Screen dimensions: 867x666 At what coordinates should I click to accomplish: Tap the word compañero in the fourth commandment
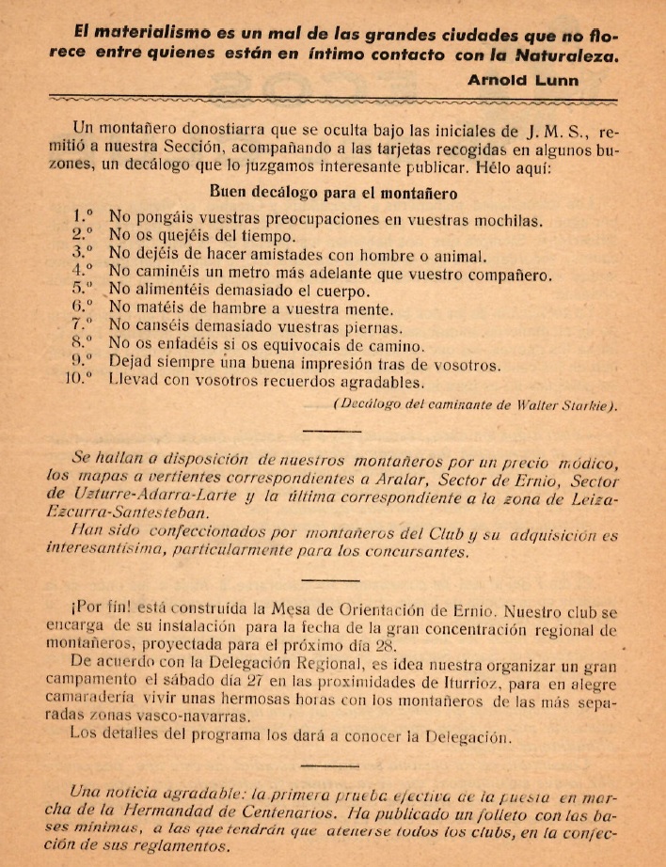(506, 275)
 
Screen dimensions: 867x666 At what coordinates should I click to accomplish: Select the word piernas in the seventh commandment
(371, 328)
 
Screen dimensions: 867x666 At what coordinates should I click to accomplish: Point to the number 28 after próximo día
(386, 647)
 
